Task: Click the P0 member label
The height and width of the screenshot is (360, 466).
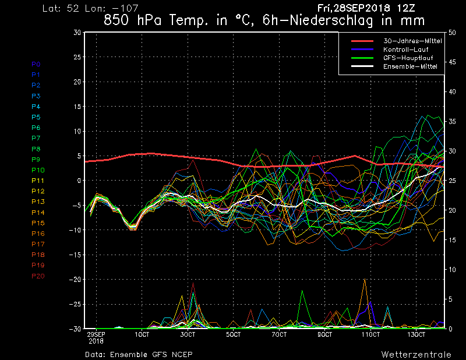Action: pos(36,64)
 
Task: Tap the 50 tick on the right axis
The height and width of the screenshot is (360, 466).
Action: pos(453,33)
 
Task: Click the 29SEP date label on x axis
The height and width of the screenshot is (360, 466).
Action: pos(96,334)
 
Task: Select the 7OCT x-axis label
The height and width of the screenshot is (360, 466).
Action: pos(280,334)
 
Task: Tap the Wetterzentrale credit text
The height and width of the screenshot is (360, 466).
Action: pos(416,354)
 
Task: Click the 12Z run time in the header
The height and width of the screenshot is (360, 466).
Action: pos(415,8)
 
